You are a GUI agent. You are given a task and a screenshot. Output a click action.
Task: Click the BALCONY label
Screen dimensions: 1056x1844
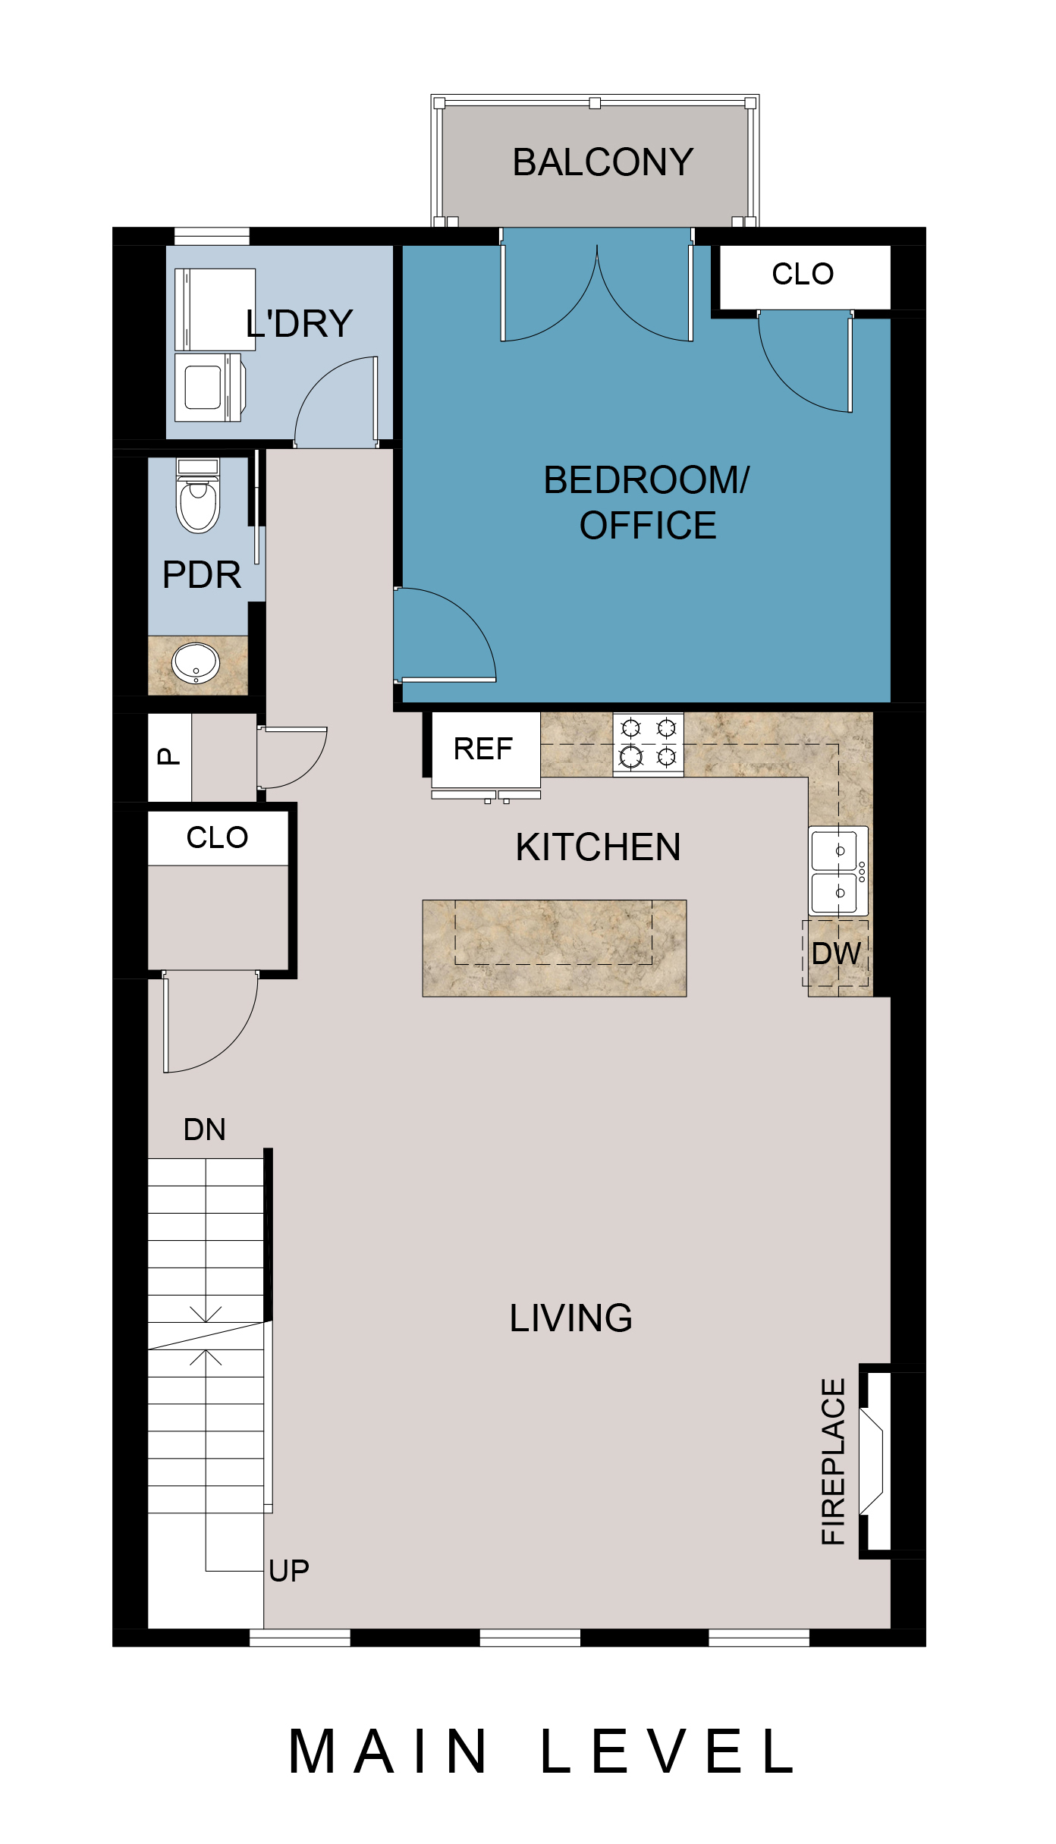(x=603, y=162)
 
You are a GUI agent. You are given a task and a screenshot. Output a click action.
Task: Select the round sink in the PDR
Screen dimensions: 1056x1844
(x=196, y=663)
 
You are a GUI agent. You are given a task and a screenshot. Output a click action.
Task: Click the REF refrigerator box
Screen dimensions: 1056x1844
(x=486, y=750)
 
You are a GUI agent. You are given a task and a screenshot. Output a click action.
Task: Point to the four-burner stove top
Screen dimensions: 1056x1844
(x=648, y=744)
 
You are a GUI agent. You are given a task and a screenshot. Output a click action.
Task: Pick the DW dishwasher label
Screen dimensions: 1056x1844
(x=836, y=954)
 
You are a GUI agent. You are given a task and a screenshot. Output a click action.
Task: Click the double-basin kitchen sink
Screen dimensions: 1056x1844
(x=838, y=872)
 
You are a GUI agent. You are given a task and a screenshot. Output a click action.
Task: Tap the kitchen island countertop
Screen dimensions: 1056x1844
(x=555, y=948)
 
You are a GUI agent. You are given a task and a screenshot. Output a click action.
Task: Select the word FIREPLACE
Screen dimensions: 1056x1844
(x=834, y=1462)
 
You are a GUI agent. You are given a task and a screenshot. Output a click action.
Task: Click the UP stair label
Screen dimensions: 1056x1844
(x=289, y=1571)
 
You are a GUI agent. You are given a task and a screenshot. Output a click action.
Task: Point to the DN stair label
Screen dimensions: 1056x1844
(x=205, y=1130)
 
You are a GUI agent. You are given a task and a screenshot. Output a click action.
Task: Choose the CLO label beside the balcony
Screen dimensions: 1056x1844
(x=803, y=274)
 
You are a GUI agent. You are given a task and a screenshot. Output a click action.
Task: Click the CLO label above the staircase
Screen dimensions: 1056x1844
(x=218, y=837)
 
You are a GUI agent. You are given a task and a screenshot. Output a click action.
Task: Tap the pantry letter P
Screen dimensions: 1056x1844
(x=169, y=756)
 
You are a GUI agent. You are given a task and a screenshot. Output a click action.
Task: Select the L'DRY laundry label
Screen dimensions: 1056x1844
(x=300, y=324)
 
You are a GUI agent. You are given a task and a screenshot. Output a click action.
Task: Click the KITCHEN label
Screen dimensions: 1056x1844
(x=599, y=847)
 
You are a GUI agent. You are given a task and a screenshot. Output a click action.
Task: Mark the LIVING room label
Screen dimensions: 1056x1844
(x=571, y=1318)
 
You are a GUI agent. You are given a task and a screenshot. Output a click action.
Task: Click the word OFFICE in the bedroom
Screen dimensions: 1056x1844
(x=648, y=526)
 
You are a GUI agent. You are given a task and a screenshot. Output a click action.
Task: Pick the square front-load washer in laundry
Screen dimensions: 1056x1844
(x=208, y=388)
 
